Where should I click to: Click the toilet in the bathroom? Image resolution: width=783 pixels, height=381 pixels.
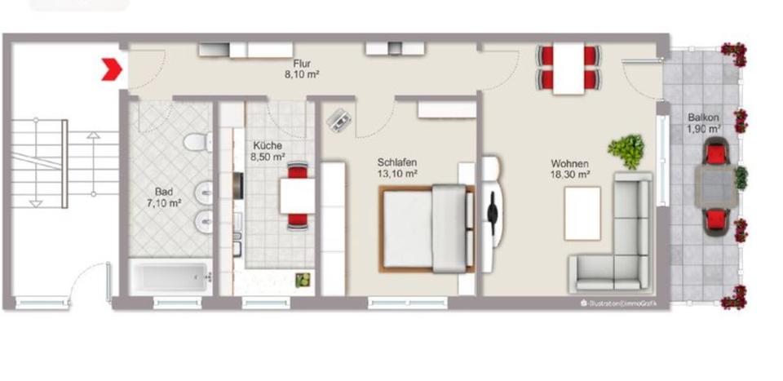[x=196, y=143]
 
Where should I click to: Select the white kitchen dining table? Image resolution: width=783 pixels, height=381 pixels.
[x=296, y=196]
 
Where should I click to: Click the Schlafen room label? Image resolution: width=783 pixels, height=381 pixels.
[x=397, y=162]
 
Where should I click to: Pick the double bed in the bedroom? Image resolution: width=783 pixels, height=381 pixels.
[x=427, y=227]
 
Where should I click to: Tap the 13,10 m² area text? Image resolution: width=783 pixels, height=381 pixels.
[x=397, y=174]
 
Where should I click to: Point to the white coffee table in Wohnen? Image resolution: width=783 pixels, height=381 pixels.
[x=582, y=213]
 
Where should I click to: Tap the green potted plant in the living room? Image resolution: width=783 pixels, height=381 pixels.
[x=626, y=151]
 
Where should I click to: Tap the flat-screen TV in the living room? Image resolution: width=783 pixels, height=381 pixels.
[x=493, y=214]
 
